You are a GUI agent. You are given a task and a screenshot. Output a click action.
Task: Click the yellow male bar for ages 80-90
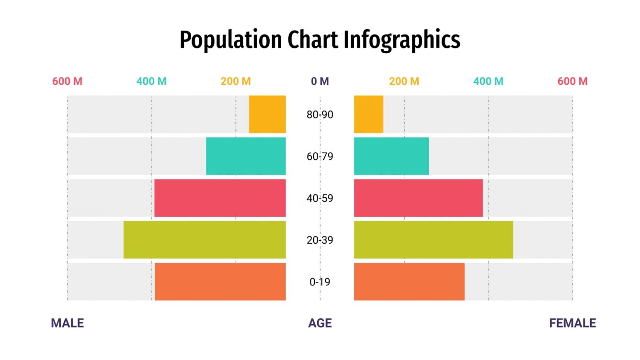267,114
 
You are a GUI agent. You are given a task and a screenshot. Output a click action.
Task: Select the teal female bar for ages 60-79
391,156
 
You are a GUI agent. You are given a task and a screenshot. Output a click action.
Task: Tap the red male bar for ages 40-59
220,198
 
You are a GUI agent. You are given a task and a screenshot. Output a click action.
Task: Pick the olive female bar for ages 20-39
433,239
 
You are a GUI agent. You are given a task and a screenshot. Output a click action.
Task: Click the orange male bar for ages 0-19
220,281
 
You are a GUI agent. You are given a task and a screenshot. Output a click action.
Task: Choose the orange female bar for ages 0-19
409,281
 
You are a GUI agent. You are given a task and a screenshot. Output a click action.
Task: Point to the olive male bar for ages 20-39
205,239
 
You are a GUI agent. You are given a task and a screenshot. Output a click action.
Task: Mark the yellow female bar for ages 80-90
368,114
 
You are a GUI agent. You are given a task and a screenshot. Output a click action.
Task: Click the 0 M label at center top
320,81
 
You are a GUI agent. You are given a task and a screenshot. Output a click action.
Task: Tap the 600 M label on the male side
67,81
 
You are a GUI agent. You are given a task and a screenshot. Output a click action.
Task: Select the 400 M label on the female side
488,81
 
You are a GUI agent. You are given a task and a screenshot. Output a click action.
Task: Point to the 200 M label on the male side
235,81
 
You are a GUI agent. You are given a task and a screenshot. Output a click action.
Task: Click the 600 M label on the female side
572,81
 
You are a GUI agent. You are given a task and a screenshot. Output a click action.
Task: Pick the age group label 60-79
320,157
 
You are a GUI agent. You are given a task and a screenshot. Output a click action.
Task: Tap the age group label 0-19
320,282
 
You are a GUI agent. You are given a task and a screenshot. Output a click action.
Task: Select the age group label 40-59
320,198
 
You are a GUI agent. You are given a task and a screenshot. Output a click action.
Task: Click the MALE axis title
67,323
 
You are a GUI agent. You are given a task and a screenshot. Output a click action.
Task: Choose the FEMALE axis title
572,323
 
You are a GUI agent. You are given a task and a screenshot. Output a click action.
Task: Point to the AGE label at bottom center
320,323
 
